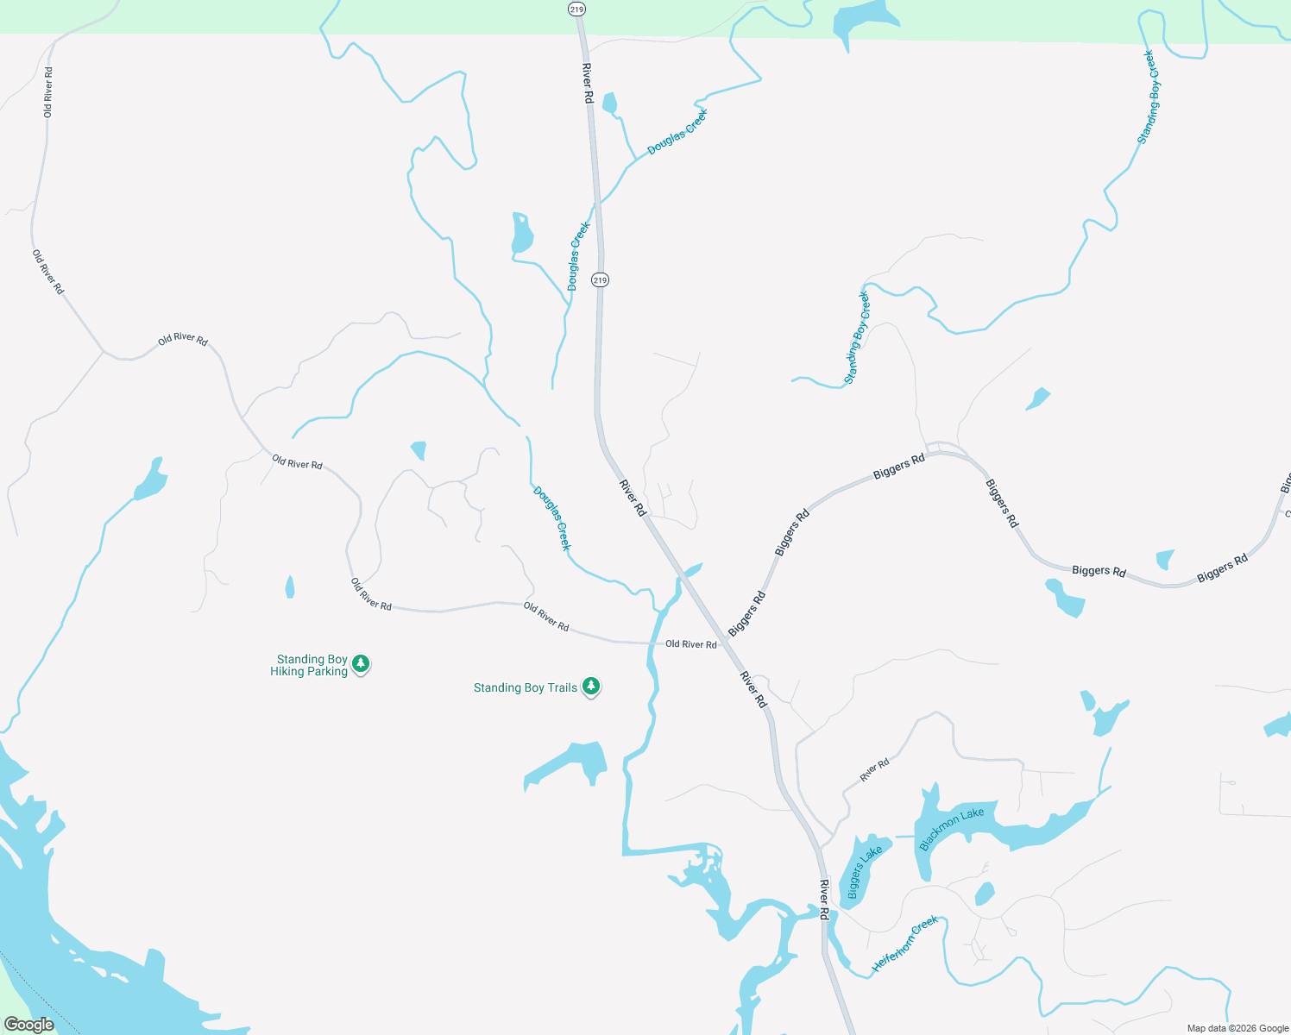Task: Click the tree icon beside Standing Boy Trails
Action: click(591, 687)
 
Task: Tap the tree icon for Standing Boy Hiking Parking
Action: click(362, 664)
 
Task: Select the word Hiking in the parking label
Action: click(287, 671)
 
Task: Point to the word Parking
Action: click(328, 671)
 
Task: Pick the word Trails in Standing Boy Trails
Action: click(562, 687)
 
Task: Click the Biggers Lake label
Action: click(865, 871)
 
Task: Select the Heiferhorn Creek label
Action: click(904, 944)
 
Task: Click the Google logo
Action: click(28, 1025)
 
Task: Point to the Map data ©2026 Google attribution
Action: click(1237, 1028)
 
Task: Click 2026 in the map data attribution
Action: click(1246, 1028)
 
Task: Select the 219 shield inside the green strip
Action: click(576, 9)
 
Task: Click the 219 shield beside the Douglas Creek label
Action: click(600, 279)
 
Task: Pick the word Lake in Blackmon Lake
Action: click(973, 814)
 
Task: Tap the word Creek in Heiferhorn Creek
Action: click(923, 926)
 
